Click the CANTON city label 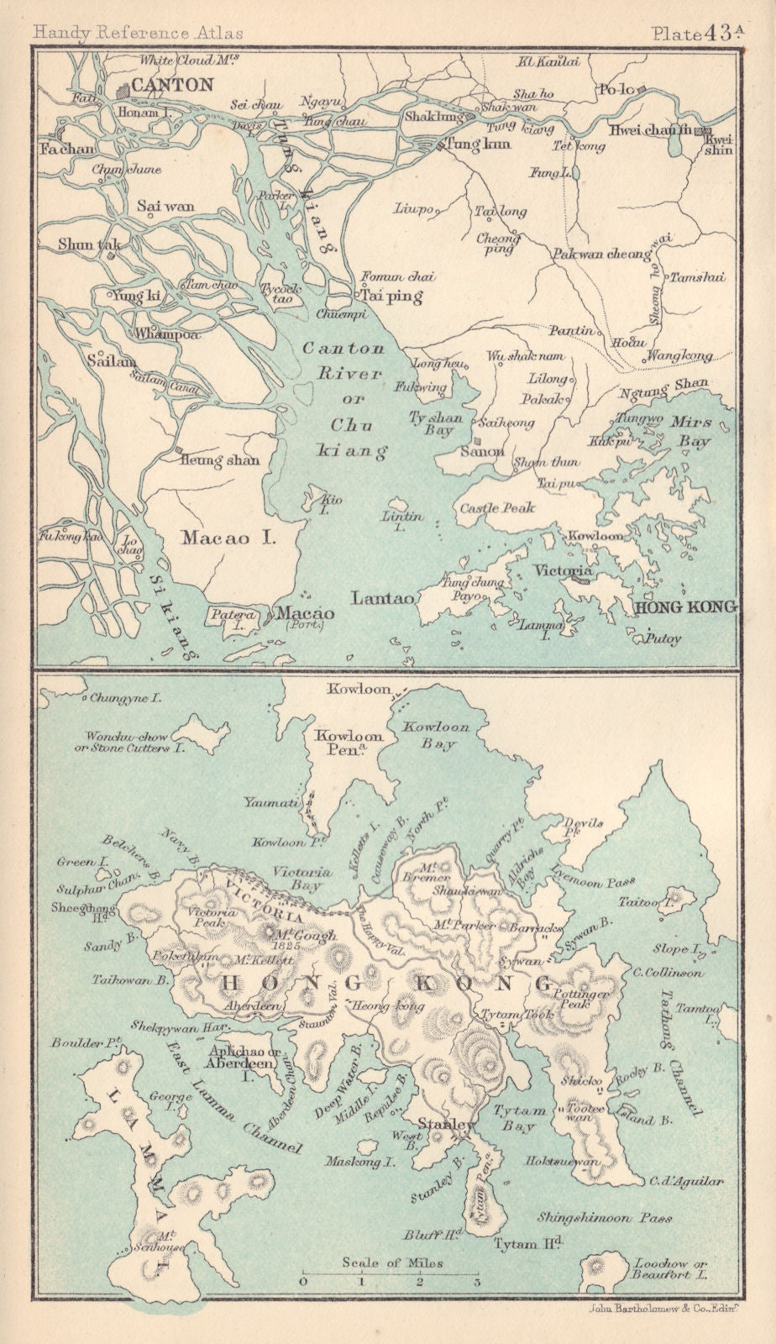click(172, 85)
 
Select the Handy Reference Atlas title click(138, 33)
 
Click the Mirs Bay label click(690, 431)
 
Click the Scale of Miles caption click(391, 1263)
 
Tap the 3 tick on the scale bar click(476, 1283)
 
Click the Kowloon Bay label click(436, 735)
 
